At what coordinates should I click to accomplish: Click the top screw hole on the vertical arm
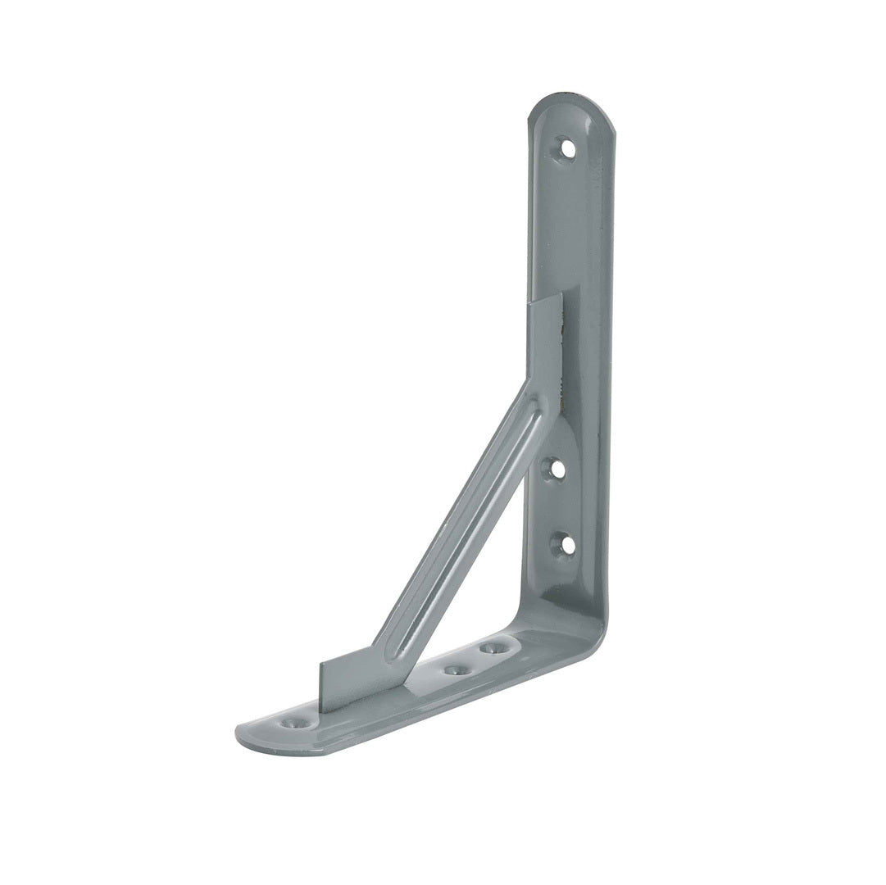tap(566, 148)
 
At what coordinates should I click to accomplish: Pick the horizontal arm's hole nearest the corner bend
tap(492, 648)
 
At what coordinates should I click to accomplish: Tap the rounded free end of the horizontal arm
tap(246, 733)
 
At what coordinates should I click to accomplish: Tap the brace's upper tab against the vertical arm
tap(546, 344)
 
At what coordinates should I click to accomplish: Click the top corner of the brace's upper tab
tap(561, 293)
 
